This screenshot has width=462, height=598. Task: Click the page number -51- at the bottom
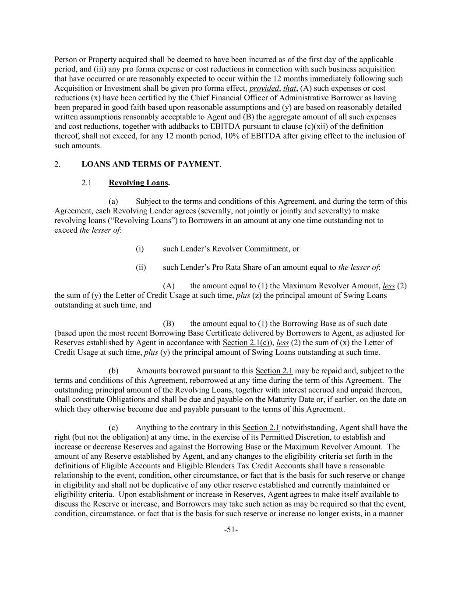coord(231,530)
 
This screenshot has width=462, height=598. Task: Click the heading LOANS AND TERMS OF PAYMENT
coord(150,164)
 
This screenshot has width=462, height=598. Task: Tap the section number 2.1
coord(86,183)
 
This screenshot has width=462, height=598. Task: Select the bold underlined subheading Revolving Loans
coord(138,183)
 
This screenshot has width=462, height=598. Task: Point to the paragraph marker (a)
coord(113,202)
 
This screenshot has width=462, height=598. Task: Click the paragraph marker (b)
coord(113,371)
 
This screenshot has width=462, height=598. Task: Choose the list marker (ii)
coord(141,267)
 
